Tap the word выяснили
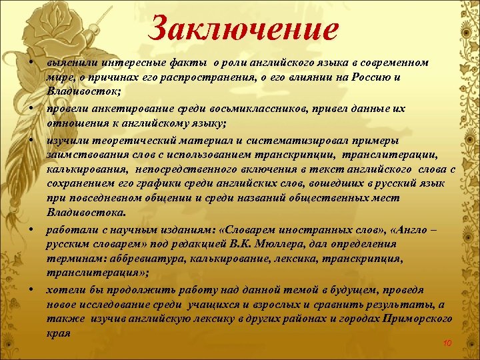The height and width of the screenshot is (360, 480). click(67, 63)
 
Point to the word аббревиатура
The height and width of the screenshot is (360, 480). click(145, 259)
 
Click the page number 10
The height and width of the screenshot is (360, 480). click(447, 343)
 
